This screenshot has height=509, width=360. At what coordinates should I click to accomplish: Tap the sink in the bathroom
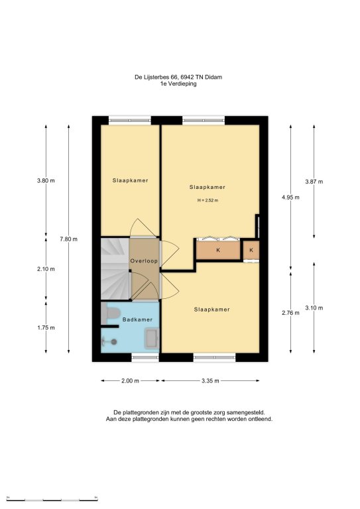click(152, 338)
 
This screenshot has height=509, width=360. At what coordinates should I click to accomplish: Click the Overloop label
click(144, 261)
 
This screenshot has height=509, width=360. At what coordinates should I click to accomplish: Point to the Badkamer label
click(137, 319)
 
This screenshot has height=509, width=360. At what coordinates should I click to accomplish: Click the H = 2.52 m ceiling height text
click(208, 200)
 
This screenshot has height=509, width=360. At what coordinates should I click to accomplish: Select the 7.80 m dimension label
click(68, 239)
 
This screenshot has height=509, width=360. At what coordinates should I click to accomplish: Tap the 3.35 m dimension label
click(210, 381)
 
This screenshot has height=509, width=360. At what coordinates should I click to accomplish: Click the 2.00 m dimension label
click(130, 381)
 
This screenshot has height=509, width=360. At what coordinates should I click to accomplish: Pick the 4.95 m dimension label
click(290, 197)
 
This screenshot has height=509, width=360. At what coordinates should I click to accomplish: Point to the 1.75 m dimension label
click(46, 327)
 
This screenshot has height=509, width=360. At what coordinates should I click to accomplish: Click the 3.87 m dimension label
click(314, 182)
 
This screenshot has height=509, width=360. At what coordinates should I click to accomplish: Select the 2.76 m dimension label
click(290, 313)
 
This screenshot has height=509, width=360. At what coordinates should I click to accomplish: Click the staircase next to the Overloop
click(115, 269)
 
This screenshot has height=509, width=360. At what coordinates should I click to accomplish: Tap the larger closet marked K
click(218, 250)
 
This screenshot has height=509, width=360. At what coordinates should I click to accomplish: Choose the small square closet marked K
click(251, 250)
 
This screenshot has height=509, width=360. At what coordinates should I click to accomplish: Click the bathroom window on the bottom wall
click(145, 357)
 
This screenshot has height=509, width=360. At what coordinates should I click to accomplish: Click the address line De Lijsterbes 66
click(178, 78)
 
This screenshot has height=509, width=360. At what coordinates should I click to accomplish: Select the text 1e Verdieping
click(178, 84)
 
